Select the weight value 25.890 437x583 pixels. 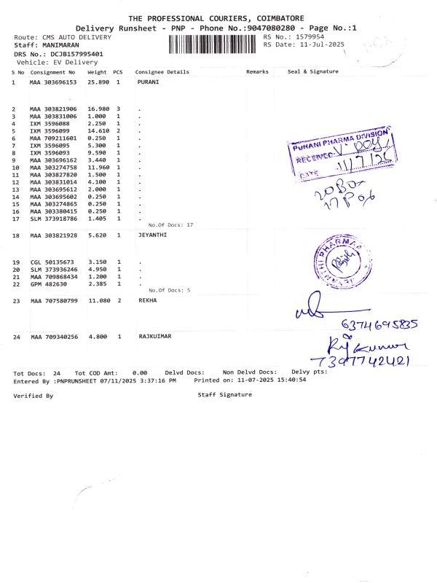tap(98, 83)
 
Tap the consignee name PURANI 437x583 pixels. tap(149, 83)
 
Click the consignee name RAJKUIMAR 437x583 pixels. tap(156, 337)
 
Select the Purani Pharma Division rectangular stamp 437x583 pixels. tap(346, 158)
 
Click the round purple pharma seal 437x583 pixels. tap(336, 259)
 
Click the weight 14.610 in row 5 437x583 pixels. tap(98, 131)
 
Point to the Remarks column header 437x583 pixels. tap(258, 72)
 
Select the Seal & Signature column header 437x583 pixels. tap(313, 72)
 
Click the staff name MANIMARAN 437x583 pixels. tap(58, 45)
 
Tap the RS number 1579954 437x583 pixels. tap(309, 36)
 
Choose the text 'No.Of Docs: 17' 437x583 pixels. tap(170, 225)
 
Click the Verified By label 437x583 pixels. tap(33, 396)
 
